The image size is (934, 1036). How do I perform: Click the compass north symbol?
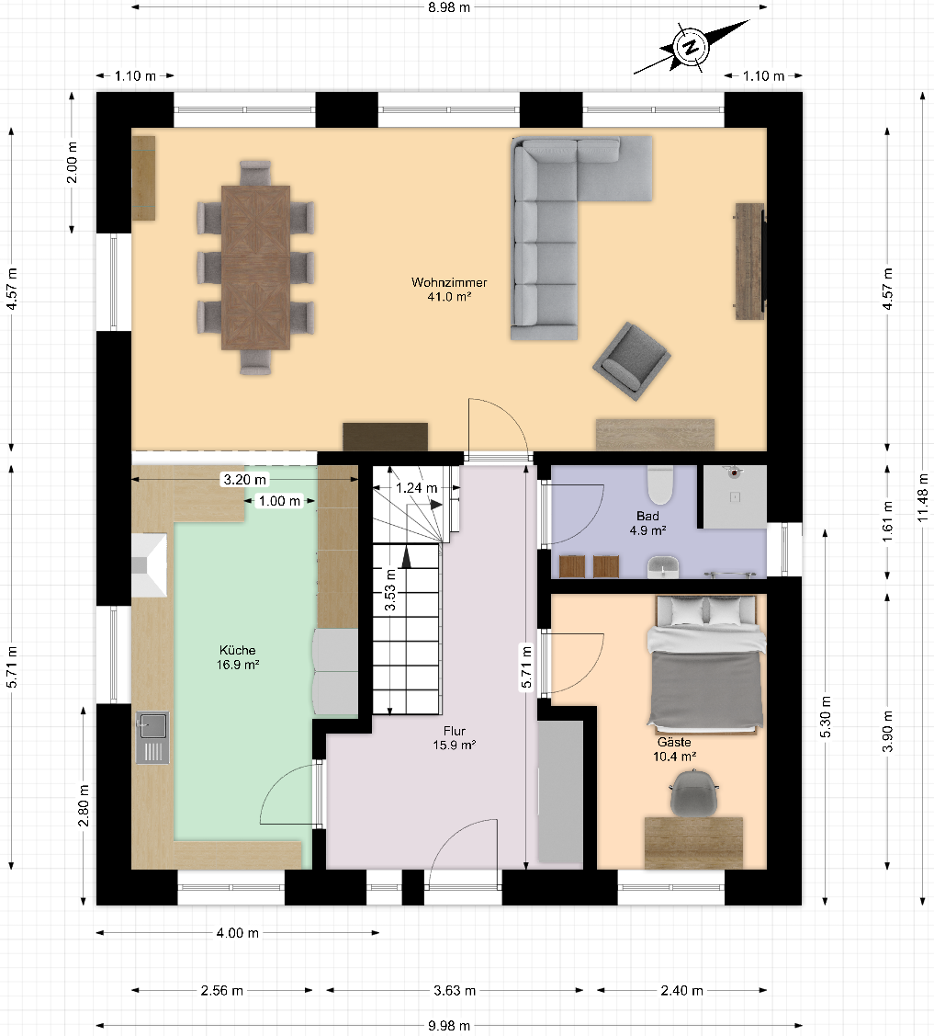pos(692,46)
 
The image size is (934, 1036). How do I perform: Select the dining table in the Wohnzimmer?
pos(255,268)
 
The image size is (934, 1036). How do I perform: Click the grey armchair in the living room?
pos(632,360)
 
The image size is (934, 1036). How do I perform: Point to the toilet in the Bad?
pos(660,485)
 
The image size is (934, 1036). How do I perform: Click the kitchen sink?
pos(152,737)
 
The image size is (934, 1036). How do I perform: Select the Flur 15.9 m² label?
pos(454,738)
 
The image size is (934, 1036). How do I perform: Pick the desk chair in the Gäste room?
pos(693,792)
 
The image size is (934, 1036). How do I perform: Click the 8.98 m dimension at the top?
pos(449,7)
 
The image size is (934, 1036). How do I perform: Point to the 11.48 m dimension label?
pos(923,497)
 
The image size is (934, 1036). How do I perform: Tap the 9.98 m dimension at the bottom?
pos(449,1026)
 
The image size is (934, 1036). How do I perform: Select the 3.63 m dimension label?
pos(455,990)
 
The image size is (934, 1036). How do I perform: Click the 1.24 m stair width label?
pos(417,487)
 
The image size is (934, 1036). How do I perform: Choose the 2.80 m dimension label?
pos(84,804)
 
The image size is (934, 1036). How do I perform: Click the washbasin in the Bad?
pos(663,567)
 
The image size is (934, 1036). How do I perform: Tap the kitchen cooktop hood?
pos(149,565)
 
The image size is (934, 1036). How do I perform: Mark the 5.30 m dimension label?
pos(826,717)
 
